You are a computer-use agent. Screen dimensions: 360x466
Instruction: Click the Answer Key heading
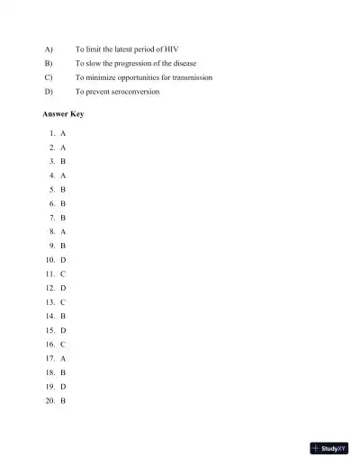tap(64, 114)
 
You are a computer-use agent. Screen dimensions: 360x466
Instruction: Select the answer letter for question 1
tap(63, 133)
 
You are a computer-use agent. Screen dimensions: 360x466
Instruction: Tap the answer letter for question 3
tap(63, 161)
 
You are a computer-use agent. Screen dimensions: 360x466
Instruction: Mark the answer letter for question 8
tap(63, 231)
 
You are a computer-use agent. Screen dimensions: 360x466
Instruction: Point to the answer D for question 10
tap(63, 259)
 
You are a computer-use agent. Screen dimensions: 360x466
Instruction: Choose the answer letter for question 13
tap(63, 301)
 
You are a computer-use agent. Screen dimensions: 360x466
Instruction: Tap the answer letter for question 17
tap(63, 358)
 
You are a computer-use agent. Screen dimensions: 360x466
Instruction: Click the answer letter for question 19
tap(63, 386)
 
